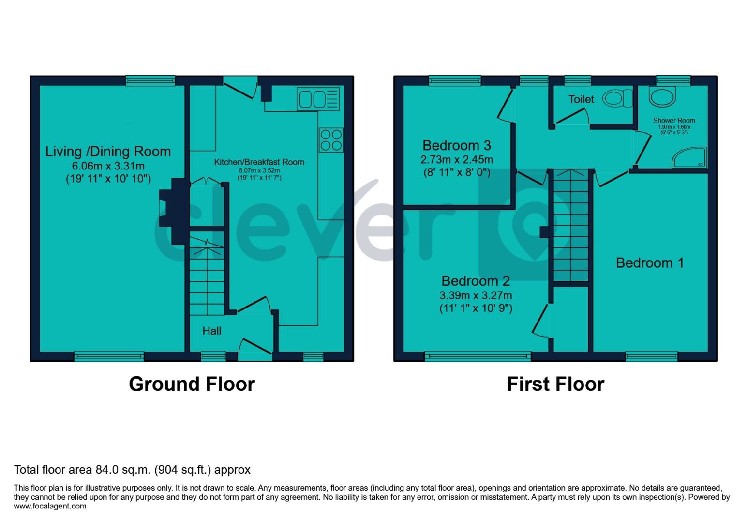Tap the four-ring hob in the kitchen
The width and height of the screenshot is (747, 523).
[x=331, y=139]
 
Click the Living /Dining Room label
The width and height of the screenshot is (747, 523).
[x=108, y=152]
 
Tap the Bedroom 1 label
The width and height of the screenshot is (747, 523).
[x=649, y=263]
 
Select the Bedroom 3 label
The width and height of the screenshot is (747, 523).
[x=456, y=145]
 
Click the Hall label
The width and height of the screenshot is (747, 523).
[x=211, y=331]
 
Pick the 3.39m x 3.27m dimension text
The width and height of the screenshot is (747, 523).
[x=476, y=295]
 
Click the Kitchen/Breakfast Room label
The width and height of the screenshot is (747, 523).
[x=259, y=162]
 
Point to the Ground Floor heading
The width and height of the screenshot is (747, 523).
[x=192, y=384]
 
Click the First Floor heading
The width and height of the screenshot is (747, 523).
[x=555, y=384]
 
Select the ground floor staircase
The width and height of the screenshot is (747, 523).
[x=207, y=274]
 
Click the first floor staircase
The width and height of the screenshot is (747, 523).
[x=570, y=225]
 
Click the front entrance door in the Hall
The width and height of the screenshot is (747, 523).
[x=255, y=350]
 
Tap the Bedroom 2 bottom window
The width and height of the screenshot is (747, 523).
[x=478, y=357]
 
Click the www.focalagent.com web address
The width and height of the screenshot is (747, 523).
[x=50, y=507]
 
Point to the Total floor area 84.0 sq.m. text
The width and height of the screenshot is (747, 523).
[x=132, y=469]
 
